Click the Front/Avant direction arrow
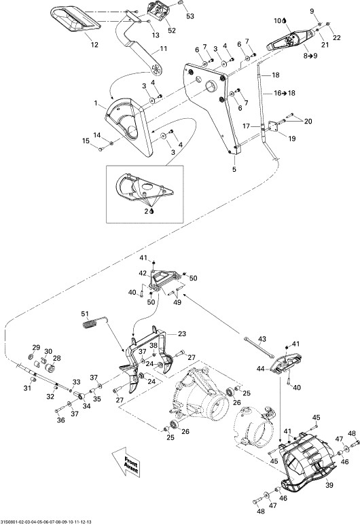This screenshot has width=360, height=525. click(126, 463)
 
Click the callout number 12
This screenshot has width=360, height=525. click(95, 44)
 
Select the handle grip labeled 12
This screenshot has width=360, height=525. click(75, 20)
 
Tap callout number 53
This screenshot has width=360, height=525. click(190, 16)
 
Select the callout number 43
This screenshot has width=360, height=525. click(262, 339)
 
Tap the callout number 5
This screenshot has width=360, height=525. click(234, 169)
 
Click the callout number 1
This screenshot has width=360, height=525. click(96, 103)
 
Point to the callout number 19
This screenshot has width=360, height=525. click(292, 139)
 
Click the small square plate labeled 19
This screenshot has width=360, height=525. click(272, 126)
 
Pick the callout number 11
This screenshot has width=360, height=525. click(163, 48)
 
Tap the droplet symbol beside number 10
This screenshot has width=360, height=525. click(285, 21)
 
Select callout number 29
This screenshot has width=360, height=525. click(36, 347)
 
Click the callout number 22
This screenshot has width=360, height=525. click(336, 37)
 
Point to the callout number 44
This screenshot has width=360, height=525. click(261, 369)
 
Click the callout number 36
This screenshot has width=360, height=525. click(60, 420)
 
